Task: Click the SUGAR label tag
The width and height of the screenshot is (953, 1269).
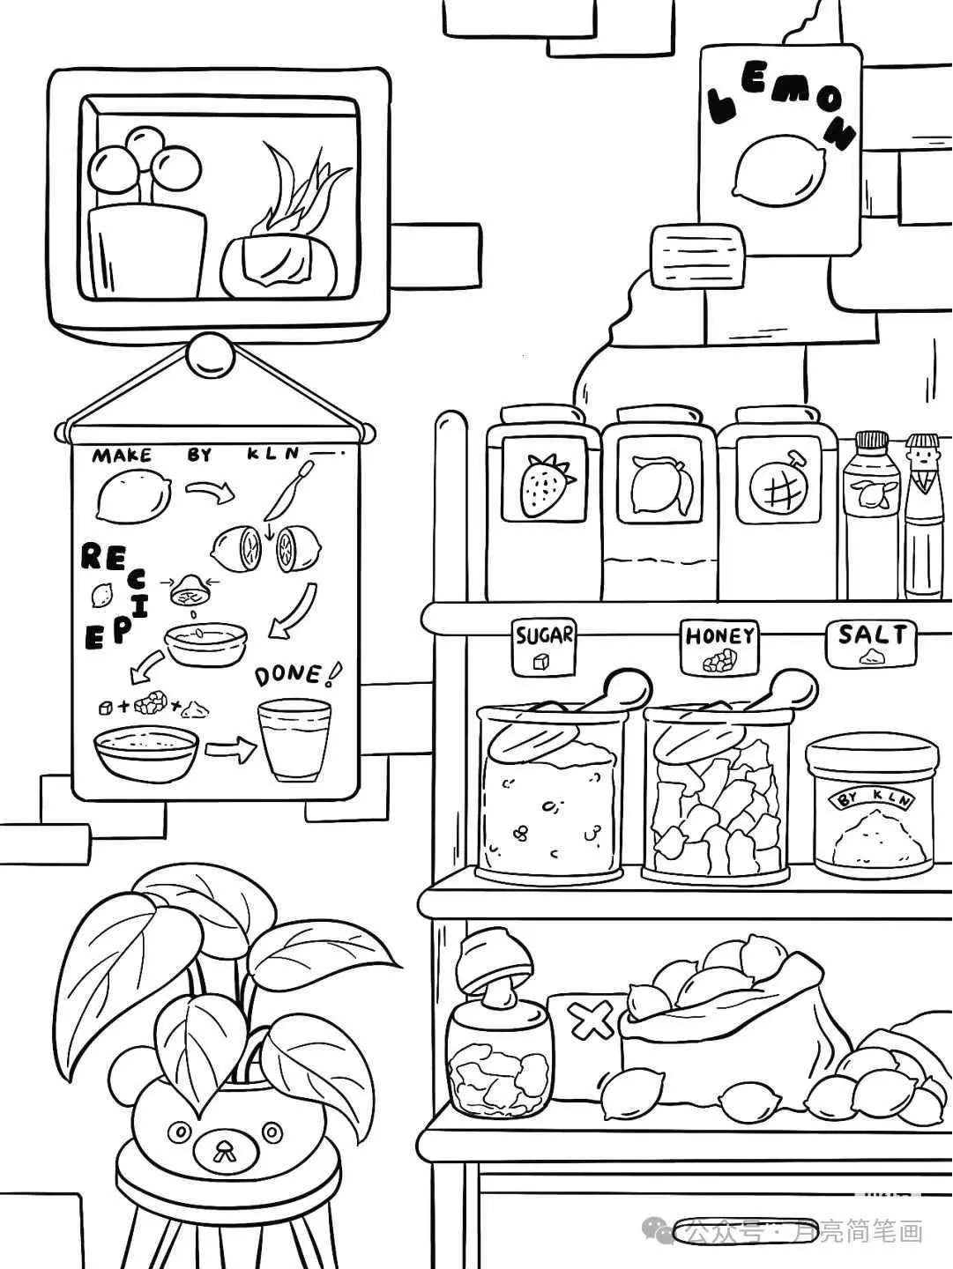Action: coord(544,648)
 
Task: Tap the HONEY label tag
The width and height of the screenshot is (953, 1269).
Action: coord(720,648)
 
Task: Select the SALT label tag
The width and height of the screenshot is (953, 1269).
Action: coord(871,643)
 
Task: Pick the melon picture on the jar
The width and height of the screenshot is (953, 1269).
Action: coord(775,485)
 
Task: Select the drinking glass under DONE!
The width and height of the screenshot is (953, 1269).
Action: coord(294,740)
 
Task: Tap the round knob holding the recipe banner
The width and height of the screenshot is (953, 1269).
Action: coord(211,354)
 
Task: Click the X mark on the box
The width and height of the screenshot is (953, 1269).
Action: coord(592,1020)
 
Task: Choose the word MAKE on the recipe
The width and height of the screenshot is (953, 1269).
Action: coord(122,456)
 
